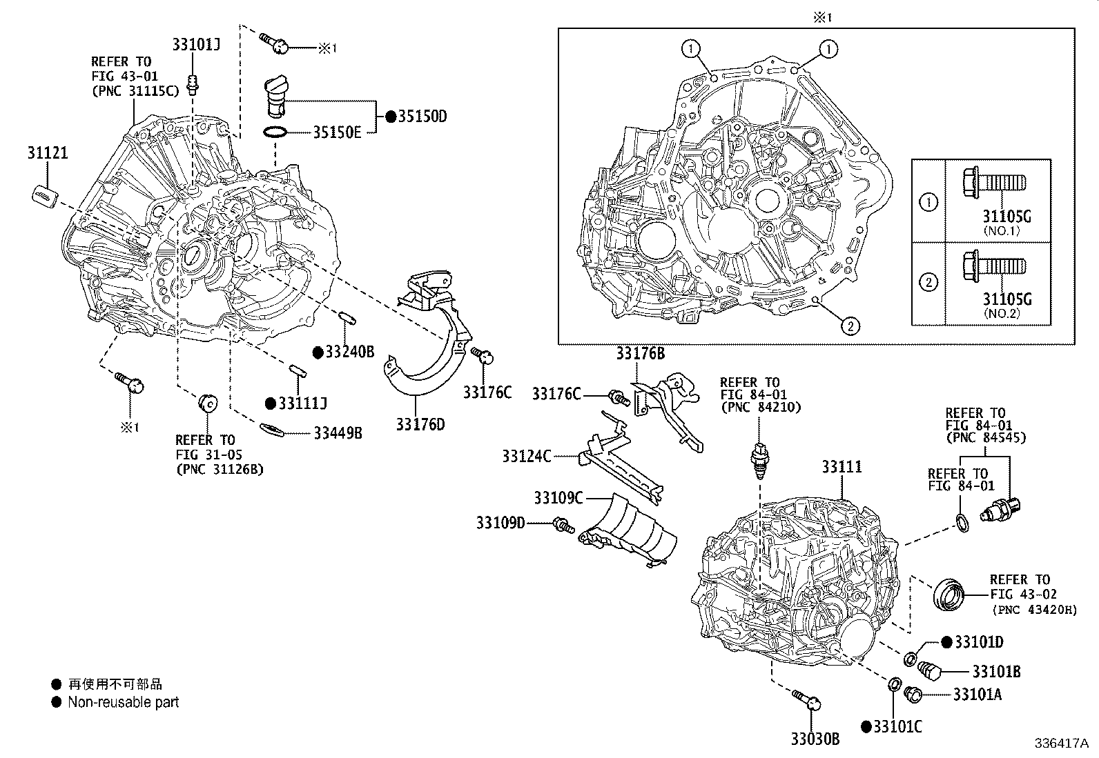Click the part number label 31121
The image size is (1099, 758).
click(48, 152)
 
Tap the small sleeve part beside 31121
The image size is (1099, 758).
click(44, 195)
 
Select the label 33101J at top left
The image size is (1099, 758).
click(196, 45)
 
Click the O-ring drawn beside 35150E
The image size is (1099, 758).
click(275, 132)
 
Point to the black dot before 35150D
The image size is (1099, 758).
click(391, 117)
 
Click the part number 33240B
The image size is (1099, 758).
click(349, 352)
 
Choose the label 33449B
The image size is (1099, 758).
click(338, 433)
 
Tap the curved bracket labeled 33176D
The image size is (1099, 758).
click(428, 359)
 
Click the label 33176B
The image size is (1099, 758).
click(640, 354)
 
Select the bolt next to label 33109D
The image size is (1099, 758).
click(563, 526)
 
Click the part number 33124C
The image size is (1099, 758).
click(527, 456)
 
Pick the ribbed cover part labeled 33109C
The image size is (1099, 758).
click(628, 531)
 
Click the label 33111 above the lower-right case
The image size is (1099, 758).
click(842, 467)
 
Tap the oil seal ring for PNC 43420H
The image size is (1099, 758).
click(948, 595)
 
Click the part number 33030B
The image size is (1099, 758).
click(815, 739)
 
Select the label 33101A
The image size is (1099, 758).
click(977, 695)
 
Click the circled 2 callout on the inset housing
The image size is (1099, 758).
click(850, 326)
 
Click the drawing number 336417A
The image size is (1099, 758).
click(1060, 744)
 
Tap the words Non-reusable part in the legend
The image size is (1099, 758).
click(123, 702)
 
